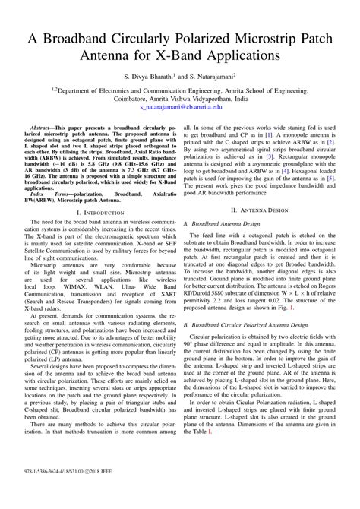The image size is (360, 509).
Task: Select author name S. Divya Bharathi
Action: (x=150, y=77)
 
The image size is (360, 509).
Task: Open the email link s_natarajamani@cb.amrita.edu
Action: (x=179, y=108)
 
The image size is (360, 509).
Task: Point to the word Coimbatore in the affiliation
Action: (x=112, y=99)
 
